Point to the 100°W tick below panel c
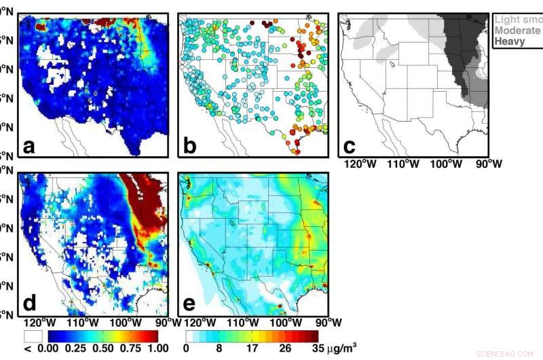tap(446, 164)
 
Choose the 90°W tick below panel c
tap(486, 164)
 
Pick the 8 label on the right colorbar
tap(218, 348)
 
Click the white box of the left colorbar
tap(33, 336)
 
